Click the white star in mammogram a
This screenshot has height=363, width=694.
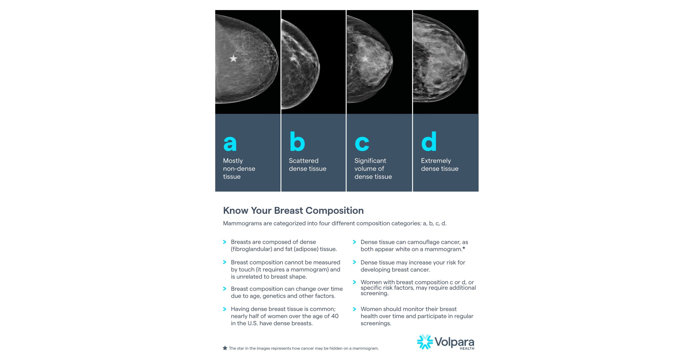(233, 58)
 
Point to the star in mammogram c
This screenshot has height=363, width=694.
(365, 58)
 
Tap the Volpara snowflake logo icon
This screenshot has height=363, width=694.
(425, 342)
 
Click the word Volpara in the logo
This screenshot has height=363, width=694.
(454, 342)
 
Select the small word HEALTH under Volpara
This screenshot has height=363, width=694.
(467, 348)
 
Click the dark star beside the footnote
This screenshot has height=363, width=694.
(225, 348)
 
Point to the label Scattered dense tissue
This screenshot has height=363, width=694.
(307, 164)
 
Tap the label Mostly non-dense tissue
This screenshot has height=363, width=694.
(239, 169)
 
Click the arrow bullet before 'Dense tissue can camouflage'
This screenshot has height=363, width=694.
(354, 242)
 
